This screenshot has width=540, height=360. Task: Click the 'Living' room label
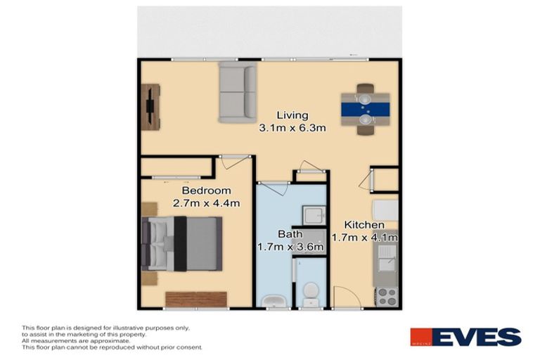[292, 115]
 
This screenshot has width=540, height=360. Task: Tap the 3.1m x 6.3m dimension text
[292, 128]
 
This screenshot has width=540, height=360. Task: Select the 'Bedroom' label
[206, 191]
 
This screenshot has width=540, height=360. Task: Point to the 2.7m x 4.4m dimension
[207, 204]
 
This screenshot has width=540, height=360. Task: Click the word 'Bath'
[290, 234]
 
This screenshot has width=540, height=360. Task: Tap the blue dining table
[365, 109]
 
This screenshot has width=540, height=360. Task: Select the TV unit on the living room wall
[151, 106]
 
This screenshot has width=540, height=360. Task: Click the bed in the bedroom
[182, 243]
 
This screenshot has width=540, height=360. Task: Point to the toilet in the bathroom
[309, 295]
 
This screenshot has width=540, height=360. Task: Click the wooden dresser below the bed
[196, 300]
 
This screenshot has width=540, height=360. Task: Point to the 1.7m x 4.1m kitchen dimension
[365, 238]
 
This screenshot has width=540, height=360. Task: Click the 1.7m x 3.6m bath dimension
[290, 247]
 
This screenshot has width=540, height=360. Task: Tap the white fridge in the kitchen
[385, 210]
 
